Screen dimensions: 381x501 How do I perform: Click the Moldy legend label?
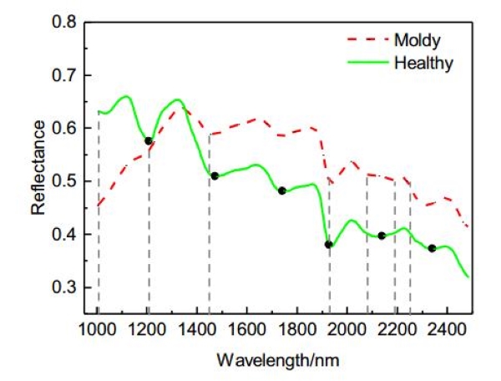[x=417, y=38]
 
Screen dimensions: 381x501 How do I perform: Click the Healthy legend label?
[x=423, y=63]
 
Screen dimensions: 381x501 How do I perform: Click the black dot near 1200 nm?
[x=149, y=141]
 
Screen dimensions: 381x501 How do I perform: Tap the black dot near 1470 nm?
[x=215, y=175]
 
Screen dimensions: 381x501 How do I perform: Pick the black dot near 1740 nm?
[x=282, y=190]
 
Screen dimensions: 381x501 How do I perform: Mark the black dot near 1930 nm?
[x=329, y=245]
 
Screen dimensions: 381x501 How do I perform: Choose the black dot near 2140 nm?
[x=382, y=236]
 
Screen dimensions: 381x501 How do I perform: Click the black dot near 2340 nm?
[x=432, y=248]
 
